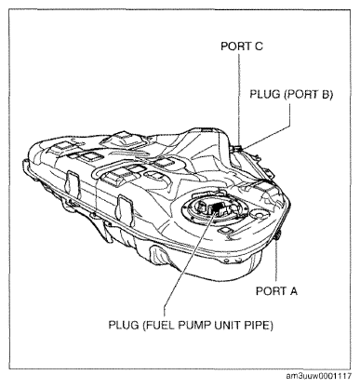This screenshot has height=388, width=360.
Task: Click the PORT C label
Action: tap(242, 47)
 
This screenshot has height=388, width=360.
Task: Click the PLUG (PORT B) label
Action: tap(291, 94)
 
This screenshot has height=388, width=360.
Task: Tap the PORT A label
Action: tap(276, 291)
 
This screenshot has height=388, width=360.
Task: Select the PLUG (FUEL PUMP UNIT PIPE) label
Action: tap(191, 325)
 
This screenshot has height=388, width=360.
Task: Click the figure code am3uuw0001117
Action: tap(319, 376)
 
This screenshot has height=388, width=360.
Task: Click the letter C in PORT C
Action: tap(259, 47)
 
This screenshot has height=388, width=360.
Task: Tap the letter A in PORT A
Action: tap(293, 291)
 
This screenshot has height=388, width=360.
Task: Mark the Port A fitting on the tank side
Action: tap(277, 235)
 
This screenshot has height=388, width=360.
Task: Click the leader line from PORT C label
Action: tap(239, 97)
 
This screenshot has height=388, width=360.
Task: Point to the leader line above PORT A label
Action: tap(276, 261)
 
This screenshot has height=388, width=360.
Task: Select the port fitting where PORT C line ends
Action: tap(239, 144)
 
